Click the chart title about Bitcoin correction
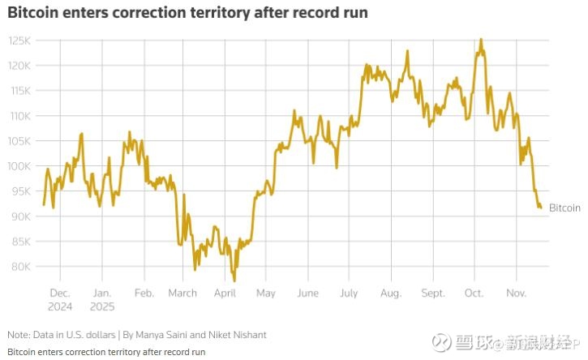click(x=187, y=13)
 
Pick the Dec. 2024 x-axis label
click(x=61, y=299)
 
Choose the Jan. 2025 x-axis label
click(x=102, y=299)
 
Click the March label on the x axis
click(x=183, y=293)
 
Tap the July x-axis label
click(x=349, y=293)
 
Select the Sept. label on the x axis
click(x=433, y=293)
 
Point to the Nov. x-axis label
click(x=517, y=293)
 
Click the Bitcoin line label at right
click(x=564, y=208)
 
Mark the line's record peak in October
click(x=481, y=39)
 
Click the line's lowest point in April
click(x=234, y=281)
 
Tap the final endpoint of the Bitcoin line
click(x=541, y=208)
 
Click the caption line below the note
click(x=105, y=352)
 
